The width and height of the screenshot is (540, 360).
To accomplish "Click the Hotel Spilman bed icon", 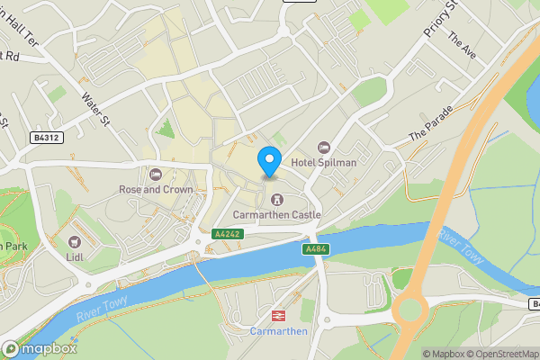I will point(324,147).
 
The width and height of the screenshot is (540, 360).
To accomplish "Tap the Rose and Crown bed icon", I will point(155,175).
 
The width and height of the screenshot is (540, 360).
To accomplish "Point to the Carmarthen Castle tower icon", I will point(275,199).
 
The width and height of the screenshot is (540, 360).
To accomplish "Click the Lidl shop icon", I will point(74,242).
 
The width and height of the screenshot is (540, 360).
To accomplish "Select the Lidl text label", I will point(74,257).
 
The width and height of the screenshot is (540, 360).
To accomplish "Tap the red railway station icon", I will point(278,316).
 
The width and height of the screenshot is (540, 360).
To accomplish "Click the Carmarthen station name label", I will point(278,331).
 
